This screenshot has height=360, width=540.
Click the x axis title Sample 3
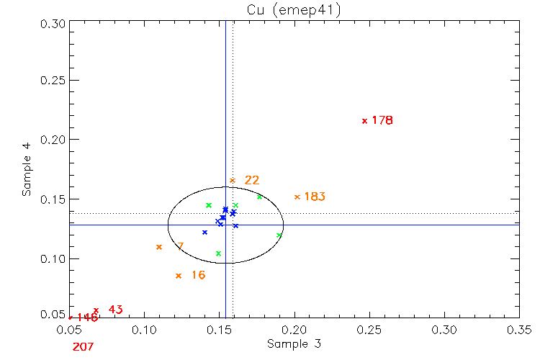coord(294,344)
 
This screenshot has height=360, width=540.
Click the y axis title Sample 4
coord(27,171)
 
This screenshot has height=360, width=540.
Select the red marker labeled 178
coord(364,121)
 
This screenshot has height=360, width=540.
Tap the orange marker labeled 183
coord(297,197)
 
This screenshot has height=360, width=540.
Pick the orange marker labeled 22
coord(232,180)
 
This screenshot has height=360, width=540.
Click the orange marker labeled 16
coord(179,276)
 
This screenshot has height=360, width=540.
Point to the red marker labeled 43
coord(96,310)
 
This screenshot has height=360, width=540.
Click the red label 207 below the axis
coord(84,347)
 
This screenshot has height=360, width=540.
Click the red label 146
coord(86,318)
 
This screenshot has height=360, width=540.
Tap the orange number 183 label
coord(315,197)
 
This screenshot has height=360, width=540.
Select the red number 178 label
coord(382,121)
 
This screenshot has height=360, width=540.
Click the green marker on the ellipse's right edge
coord(279,235)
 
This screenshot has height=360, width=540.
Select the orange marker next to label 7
coord(159,247)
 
